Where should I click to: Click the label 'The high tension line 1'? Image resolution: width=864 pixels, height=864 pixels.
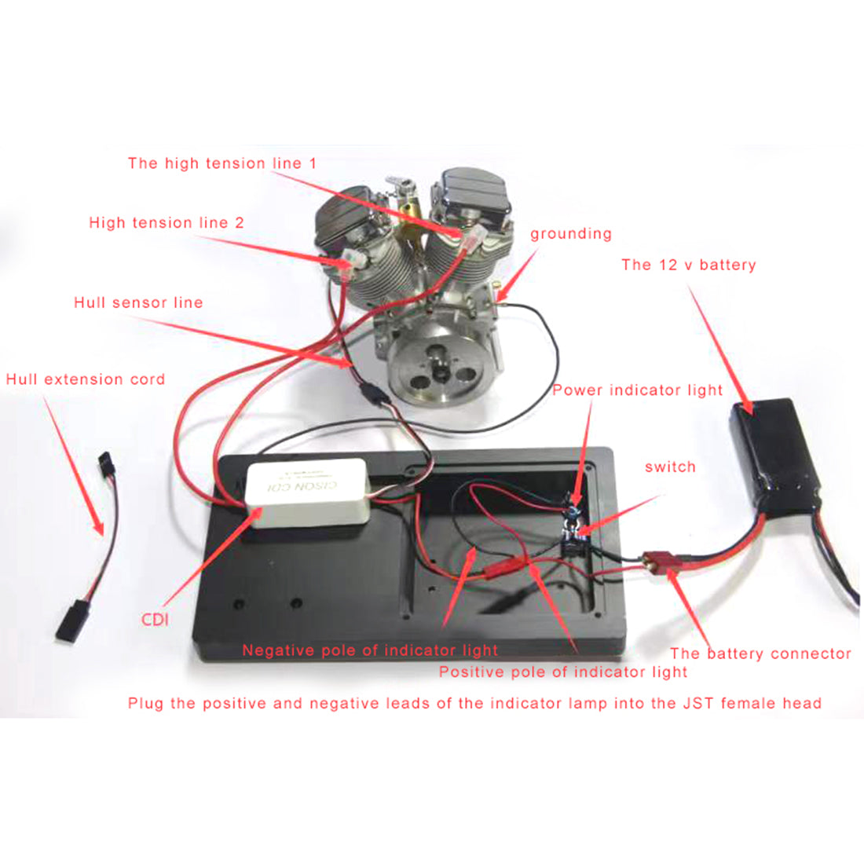coord(222,163)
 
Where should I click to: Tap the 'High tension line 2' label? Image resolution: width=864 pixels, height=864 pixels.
coord(167,222)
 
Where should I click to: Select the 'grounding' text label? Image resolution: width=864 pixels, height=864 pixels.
coord(570,233)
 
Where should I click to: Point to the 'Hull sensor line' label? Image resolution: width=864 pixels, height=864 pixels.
coord(138,302)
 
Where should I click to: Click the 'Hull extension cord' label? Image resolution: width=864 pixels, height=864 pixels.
coord(86,379)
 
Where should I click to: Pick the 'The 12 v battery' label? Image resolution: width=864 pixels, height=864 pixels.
coord(688,265)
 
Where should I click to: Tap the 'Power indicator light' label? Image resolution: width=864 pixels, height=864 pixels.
coord(637,390)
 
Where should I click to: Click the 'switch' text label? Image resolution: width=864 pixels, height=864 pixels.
coord(670,467)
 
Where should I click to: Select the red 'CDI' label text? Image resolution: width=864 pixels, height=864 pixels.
coord(156,619)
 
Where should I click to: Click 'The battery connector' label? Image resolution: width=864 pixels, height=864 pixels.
coord(760,653)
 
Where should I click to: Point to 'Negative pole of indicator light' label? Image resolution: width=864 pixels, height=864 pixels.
coord(370,650)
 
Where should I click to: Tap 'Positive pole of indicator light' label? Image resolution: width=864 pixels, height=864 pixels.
coord(562,672)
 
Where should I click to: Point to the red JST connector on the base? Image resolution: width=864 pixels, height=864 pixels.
coord(508,563)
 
